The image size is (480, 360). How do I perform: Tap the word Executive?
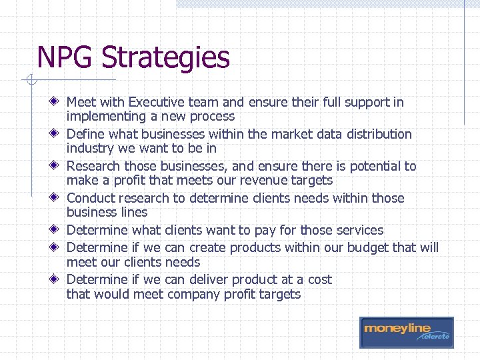coord(159,102)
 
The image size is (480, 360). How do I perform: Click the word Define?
coord(85,134)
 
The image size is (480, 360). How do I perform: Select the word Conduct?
coord(91,198)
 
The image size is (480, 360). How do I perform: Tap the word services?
coord(359,230)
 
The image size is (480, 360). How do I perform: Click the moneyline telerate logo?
coord(406,332)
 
